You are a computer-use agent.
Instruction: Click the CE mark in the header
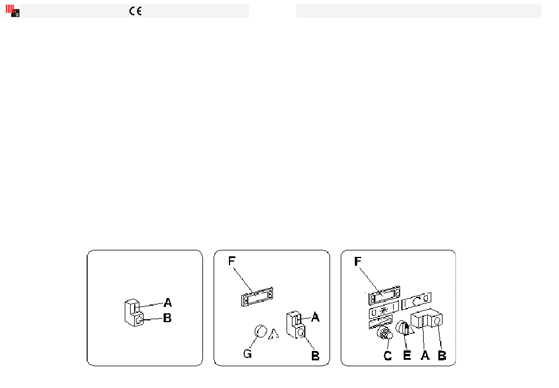tap(135, 11)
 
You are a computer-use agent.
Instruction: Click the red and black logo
tap(12, 11)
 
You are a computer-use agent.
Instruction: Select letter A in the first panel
tap(168, 303)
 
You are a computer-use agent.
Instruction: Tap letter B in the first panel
tap(167, 318)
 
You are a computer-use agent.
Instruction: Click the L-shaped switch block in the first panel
tap(134, 313)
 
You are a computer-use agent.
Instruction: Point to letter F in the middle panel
tap(232, 261)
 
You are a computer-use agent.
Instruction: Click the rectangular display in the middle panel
tap(257, 297)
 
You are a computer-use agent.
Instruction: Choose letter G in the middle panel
tap(247, 354)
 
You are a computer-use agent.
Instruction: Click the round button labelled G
tap(261, 332)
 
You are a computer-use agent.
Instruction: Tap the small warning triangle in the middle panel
tap(274, 334)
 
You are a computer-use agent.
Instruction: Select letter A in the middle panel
tap(315, 317)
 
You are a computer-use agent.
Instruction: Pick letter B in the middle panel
tap(315, 356)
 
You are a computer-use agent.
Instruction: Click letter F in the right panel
tap(358, 262)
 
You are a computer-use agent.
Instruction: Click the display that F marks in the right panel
tap(384, 295)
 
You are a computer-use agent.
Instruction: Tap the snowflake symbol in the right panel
tap(384, 310)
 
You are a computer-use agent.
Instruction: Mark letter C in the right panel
tap(388, 356)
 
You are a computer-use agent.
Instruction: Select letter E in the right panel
tap(407, 355)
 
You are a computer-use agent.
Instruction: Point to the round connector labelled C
tap(385, 333)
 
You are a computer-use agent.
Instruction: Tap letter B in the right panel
tap(442, 355)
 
